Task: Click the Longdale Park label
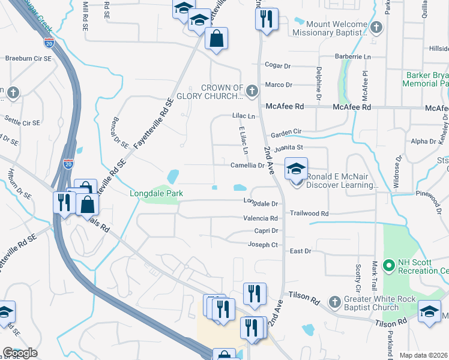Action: pos(156,194)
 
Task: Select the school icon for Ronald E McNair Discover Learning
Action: pos(296,170)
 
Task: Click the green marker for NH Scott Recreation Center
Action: pos(389,264)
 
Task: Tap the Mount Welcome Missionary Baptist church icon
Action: pos(376,27)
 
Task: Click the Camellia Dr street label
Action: pos(248,165)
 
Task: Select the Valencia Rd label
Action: pos(261,218)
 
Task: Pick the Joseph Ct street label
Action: pos(263,244)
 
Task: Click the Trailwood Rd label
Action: pos(310,214)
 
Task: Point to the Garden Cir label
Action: pos(286,134)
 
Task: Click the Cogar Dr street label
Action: pos(278,65)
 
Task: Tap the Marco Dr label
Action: pos(279,85)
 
